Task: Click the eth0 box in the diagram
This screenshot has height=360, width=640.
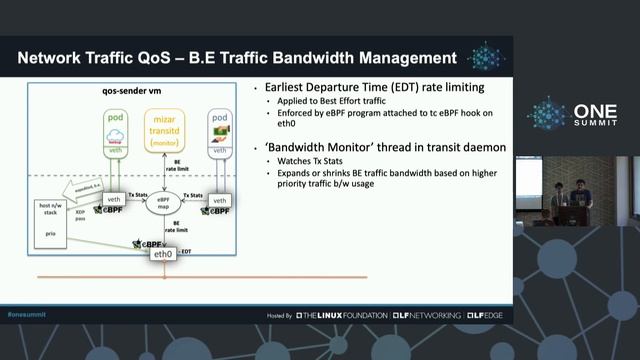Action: click(x=163, y=254)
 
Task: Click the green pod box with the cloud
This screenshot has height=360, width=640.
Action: click(x=113, y=138)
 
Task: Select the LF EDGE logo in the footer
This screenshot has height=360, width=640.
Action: click(x=484, y=315)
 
